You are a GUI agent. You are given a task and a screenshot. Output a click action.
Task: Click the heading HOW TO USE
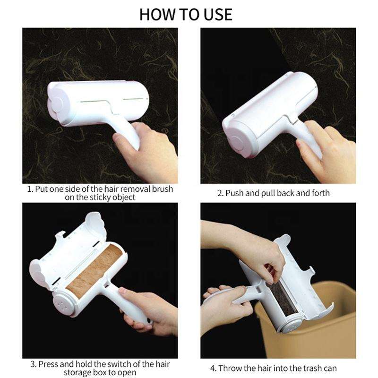click(x=186, y=15)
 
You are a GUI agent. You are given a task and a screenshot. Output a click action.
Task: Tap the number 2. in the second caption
click(x=220, y=193)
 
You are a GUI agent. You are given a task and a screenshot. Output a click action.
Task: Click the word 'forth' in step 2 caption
click(x=321, y=193)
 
